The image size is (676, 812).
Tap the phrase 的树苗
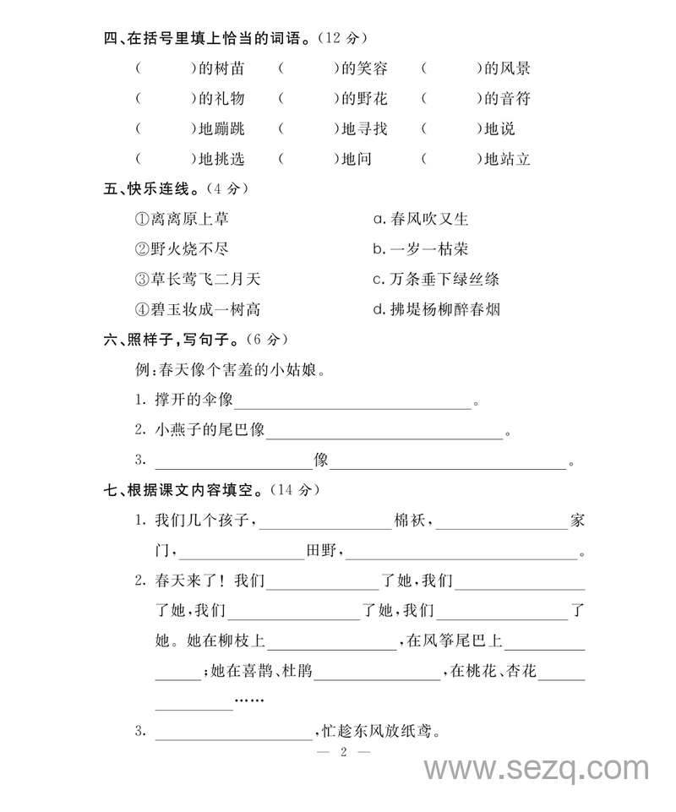pos(221,68)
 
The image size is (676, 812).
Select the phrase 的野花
pos(364,99)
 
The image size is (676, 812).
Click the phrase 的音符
pos(507,99)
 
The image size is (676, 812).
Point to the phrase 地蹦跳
pos(221,129)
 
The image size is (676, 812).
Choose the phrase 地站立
pos(507,159)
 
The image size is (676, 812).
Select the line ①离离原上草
pos(182,219)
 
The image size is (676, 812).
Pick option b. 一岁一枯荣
pos(421,249)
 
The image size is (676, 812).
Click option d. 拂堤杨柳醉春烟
pos(436,309)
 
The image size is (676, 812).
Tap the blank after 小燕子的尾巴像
pos(384,431)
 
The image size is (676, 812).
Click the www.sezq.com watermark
pos(537,769)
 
